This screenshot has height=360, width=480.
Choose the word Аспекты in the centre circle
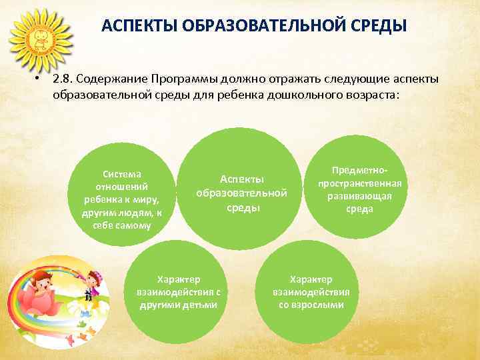[242, 179]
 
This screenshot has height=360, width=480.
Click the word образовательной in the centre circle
[242, 193]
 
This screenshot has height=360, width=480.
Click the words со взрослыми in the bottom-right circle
[311, 305]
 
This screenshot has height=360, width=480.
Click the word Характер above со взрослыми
[311, 279]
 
